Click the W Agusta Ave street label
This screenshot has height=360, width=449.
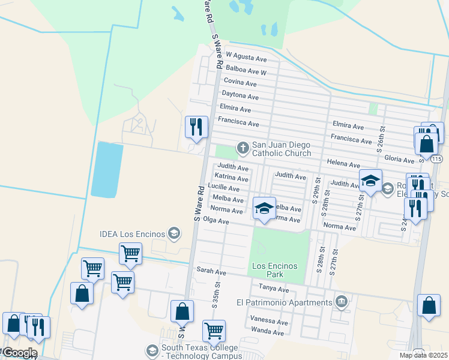246,59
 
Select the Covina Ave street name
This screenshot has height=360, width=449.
241,81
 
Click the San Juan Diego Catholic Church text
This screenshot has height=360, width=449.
281,149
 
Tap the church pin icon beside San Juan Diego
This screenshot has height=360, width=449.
243,146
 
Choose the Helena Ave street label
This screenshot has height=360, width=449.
343,164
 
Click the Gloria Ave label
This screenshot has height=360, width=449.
400,160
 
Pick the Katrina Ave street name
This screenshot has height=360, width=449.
232,178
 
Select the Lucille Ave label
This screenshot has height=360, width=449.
223,188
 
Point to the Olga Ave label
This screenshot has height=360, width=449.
217,221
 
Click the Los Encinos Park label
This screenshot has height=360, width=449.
276,270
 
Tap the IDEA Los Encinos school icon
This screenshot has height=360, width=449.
174,233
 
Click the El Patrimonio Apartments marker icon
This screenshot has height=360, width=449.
342,301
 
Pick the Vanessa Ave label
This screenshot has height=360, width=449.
269,321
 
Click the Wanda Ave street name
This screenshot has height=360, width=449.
268,331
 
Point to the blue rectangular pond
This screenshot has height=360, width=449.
107,170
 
